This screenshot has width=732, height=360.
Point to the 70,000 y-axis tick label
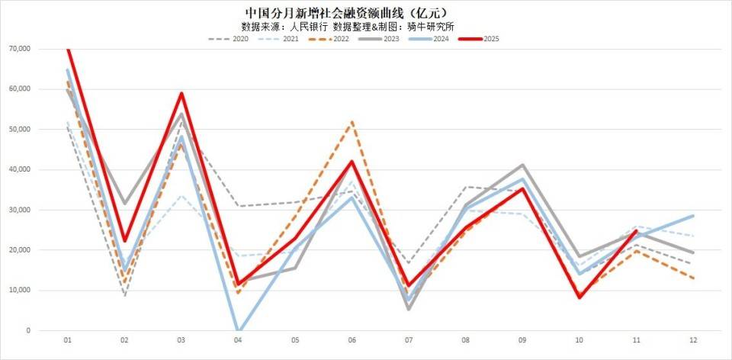click(x=19, y=49)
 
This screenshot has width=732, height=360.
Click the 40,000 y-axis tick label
click(x=19, y=170)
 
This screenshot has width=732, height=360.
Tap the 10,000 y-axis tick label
click(x=19, y=291)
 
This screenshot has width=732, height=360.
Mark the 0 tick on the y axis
click(x=28, y=331)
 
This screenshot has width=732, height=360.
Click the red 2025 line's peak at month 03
click(x=181, y=93)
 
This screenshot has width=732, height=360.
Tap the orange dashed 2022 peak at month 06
click(x=352, y=121)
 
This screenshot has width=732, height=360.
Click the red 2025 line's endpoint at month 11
click(x=636, y=230)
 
